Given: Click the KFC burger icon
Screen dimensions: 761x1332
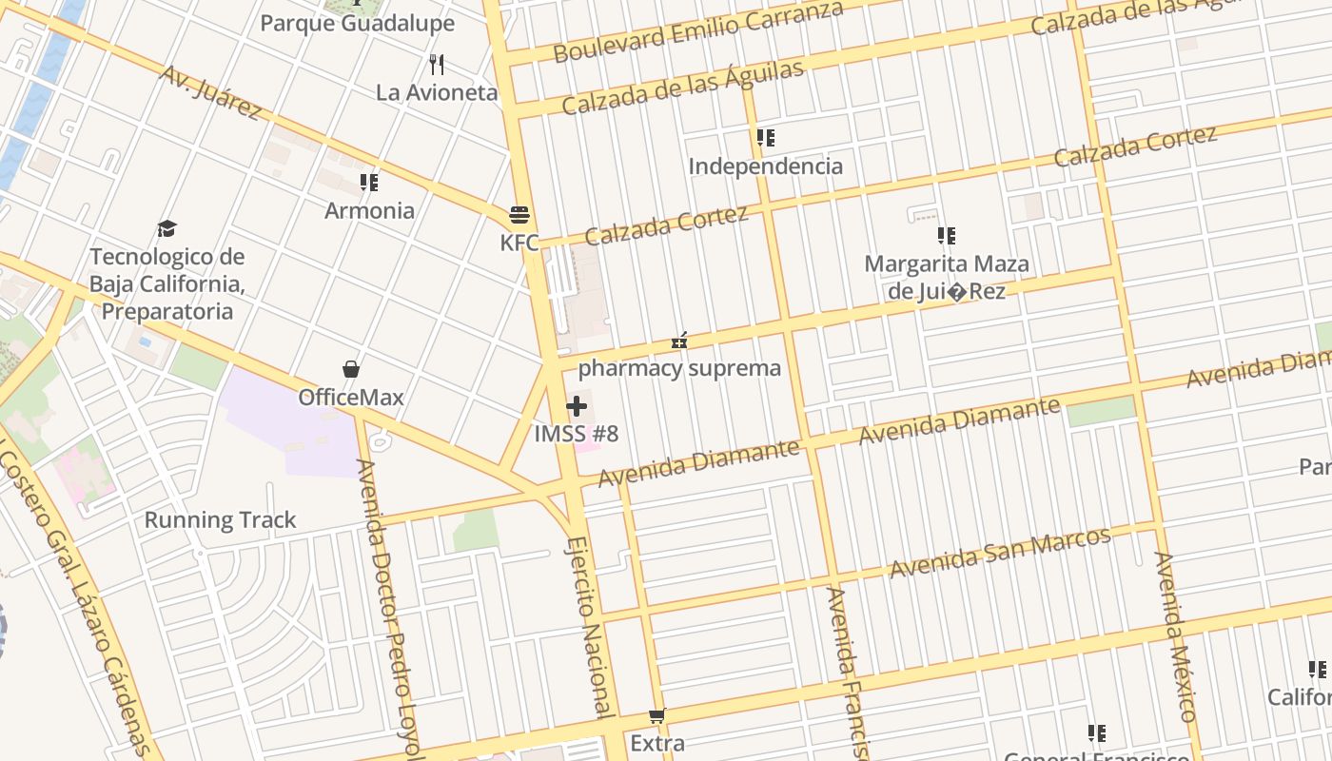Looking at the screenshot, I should [x=519, y=214].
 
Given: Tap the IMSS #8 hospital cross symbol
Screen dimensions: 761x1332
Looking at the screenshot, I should [x=576, y=407].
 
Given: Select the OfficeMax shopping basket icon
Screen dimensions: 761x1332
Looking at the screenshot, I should [x=351, y=369].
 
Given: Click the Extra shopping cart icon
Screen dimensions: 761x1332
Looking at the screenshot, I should [x=656, y=715].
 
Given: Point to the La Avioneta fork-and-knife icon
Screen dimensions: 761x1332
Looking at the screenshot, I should [x=437, y=64].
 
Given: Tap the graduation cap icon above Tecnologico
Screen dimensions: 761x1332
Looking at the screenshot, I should [x=167, y=228].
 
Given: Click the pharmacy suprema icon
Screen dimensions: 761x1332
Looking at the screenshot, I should [x=679, y=340].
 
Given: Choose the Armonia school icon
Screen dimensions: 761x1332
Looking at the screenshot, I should [x=369, y=182].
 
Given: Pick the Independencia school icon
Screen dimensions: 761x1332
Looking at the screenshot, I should [x=766, y=138].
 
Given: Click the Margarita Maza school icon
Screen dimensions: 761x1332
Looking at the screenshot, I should [x=946, y=235].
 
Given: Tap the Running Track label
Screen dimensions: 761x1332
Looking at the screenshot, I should [x=220, y=520].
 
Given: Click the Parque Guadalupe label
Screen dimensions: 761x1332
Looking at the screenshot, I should [x=358, y=23].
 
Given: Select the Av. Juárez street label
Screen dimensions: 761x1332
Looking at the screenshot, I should [x=211, y=92].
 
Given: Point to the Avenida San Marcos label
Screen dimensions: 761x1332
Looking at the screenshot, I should [x=1000, y=552].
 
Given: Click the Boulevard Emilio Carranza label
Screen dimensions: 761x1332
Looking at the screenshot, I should [x=698, y=31].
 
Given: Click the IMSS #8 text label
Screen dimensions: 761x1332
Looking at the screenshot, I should [x=577, y=435].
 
